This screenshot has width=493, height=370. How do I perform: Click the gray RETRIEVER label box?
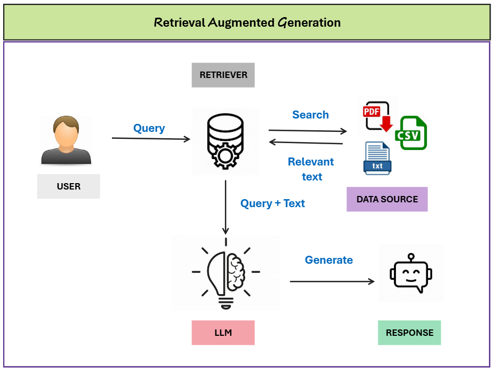223,75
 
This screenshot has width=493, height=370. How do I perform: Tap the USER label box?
68,186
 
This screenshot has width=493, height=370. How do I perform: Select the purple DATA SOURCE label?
387,199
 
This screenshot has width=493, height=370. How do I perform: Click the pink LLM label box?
223,333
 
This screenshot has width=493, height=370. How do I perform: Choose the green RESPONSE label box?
409,333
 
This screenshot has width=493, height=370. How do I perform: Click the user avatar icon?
66,140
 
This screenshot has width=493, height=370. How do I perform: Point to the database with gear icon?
225,141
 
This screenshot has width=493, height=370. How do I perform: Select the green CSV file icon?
411,132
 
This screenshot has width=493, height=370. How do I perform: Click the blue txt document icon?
377,159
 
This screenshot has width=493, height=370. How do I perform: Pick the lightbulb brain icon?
225,273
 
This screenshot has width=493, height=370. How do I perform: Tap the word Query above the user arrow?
149,128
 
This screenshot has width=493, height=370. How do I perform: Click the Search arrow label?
310,115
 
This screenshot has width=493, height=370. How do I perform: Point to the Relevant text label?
311,169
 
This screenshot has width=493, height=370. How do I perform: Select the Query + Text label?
272,203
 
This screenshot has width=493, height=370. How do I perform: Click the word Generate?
328,260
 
